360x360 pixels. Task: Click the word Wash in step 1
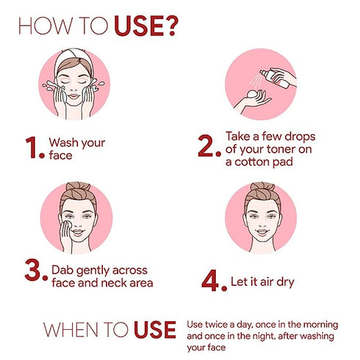click(x=63, y=141)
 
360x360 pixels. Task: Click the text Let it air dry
click(x=268, y=280)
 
